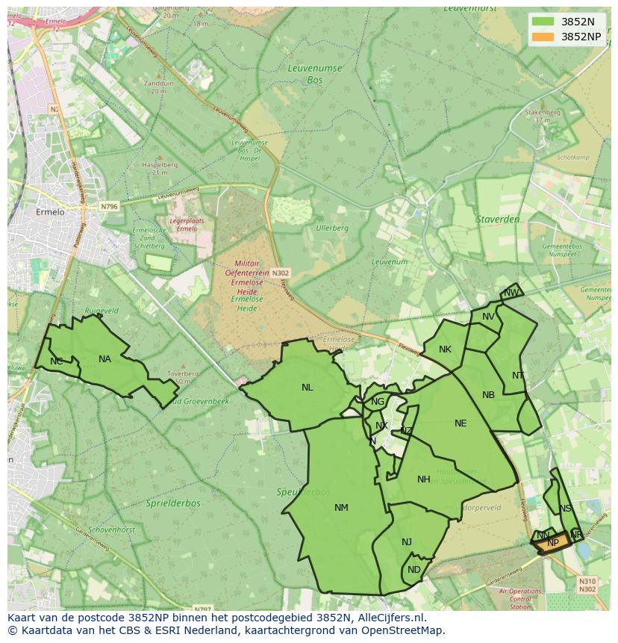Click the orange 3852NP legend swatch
pyautogui.click(x=543, y=36)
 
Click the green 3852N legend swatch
pyautogui.click(x=543, y=21)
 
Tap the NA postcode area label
pyautogui.click(x=104, y=359)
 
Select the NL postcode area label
pyautogui.click(x=308, y=388)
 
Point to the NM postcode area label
pyautogui.click(x=341, y=508)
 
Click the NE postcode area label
pyautogui.click(x=461, y=423)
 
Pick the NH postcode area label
pyautogui.click(x=424, y=479)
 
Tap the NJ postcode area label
pyautogui.click(x=407, y=542)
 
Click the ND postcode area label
pyautogui.click(x=414, y=570)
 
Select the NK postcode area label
pyautogui.click(x=445, y=350)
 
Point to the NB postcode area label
pyautogui.click(x=488, y=395)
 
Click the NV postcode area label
pyautogui.click(x=488, y=317)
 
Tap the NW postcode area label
pyautogui.click(x=511, y=293)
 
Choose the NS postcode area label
pyautogui.click(x=565, y=509)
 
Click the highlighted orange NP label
pyautogui.click(x=552, y=544)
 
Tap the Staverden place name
pyautogui.click(x=497, y=220)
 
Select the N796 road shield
pyautogui.click(x=109, y=206)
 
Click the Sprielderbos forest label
pyautogui.click(x=173, y=503)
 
